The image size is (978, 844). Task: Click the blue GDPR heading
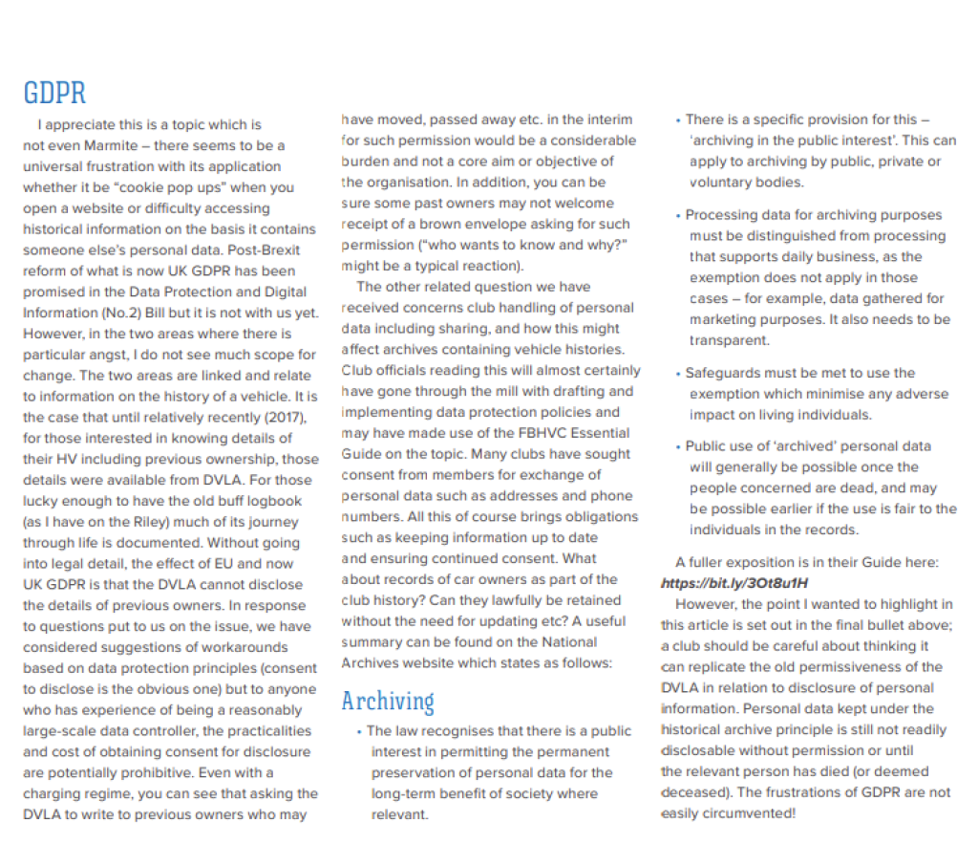(x=54, y=93)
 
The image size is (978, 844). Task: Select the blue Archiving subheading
(x=388, y=701)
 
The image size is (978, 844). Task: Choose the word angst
(x=105, y=355)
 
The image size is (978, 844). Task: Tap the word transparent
(x=728, y=340)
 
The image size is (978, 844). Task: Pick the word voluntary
(x=721, y=182)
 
